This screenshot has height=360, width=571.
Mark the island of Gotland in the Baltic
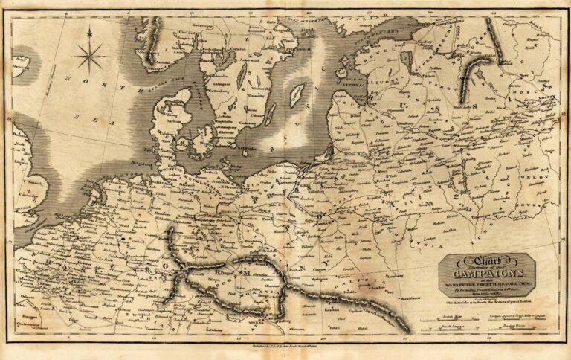point(297,94)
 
